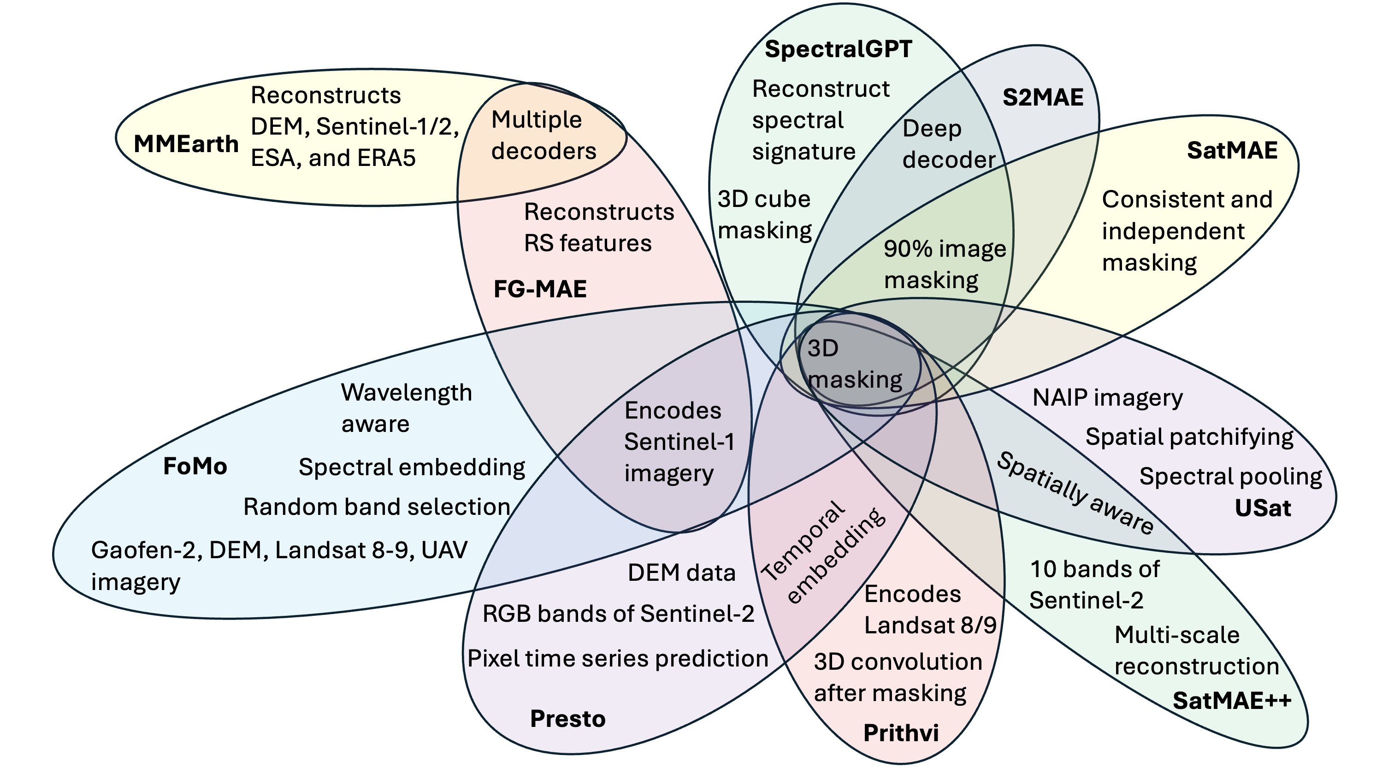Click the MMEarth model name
tap(186, 144)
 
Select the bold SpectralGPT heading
tap(838, 49)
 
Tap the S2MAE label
tap(1043, 97)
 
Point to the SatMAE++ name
tap(1232, 701)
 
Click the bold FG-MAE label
tap(540, 289)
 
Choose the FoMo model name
tap(195, 466)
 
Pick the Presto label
tap(567, 719)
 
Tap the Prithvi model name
tap(901, 733)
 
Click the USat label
tap(1263, 508)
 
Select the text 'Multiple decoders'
tap(544, 135)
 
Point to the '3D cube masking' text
tap(765, 215)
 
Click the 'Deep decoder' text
tap(949, 144)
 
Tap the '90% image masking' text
tap(945, 265)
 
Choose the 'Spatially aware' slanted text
tap(1075, 493)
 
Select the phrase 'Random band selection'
tap(377, 507)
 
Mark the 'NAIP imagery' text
tap(1108, 398)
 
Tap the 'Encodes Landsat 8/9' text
tap(930, 610)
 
